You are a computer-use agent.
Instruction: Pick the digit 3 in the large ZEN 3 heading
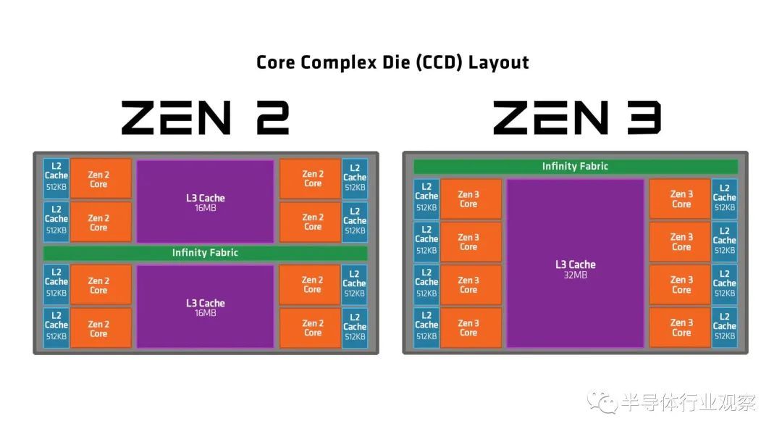(644, 117)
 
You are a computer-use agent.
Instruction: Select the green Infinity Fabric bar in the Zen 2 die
(205, 253)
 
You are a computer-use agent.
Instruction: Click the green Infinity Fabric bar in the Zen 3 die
(576, 166)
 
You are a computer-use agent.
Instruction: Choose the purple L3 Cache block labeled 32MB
(576, 263)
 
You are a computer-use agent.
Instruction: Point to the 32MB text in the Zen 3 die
(576, 275)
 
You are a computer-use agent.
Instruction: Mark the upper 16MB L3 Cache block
(205, 201)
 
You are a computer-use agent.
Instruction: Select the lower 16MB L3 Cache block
(205, 306)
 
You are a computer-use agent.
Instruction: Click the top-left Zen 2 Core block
(101, 179)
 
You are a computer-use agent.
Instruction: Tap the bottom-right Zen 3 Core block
(680, 328)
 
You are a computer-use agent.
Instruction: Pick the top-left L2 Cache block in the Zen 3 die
(426, 199)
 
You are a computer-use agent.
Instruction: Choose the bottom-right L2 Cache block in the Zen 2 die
(355, 328)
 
